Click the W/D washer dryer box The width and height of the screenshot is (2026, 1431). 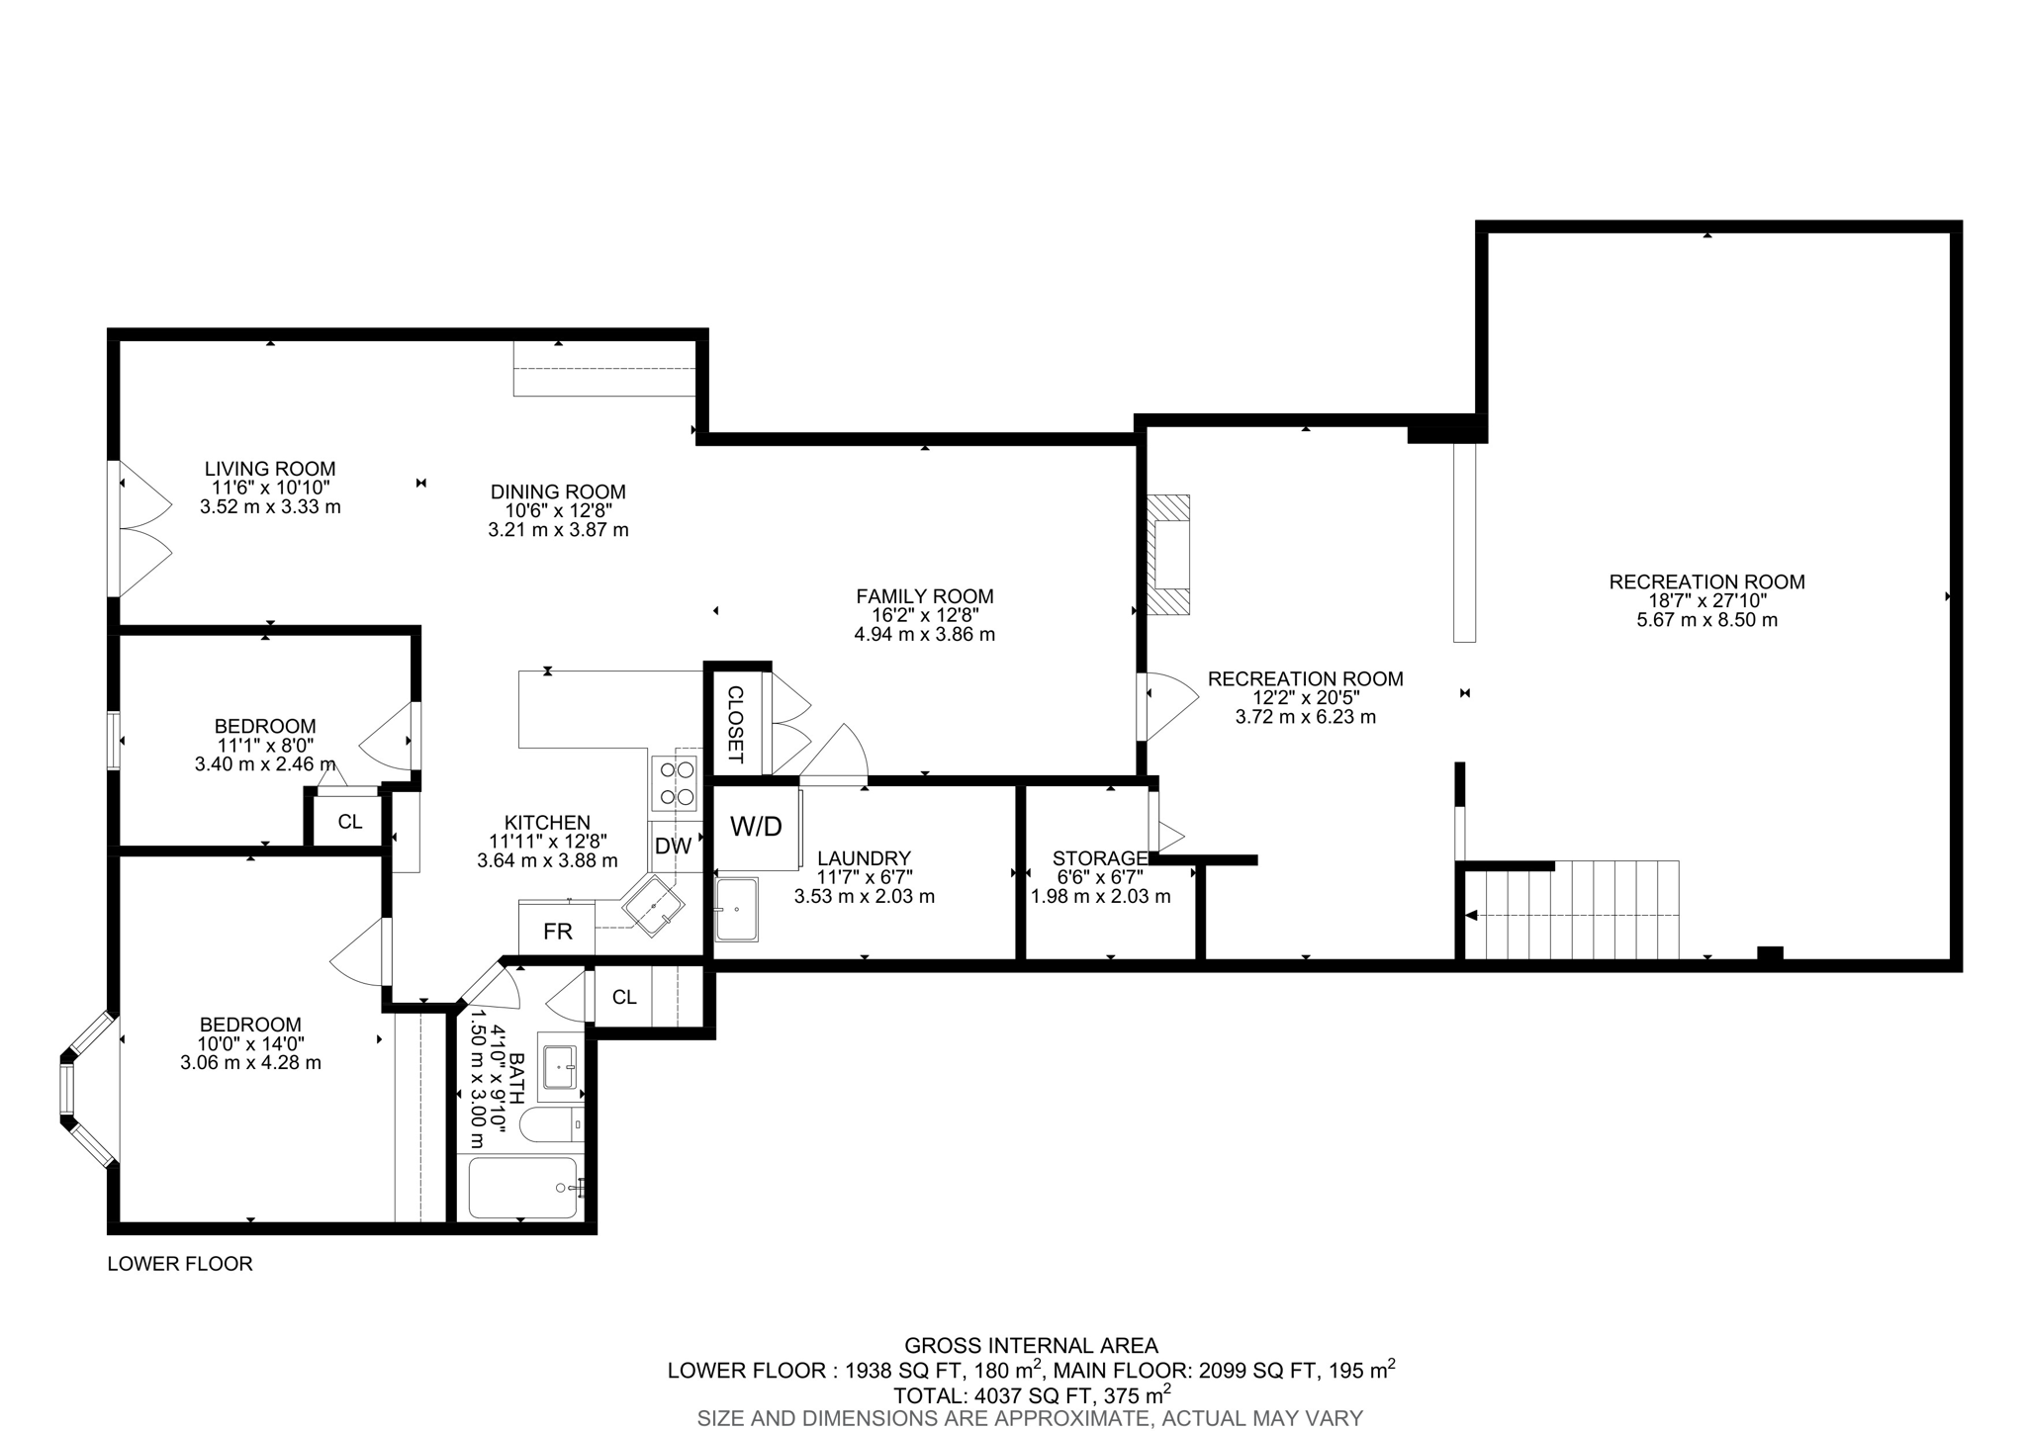coord(756,828)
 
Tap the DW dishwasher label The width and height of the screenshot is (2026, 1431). coord(673,847)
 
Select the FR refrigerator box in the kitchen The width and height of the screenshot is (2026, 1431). coord(557,931)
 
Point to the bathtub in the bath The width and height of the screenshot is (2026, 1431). coord(522,1188)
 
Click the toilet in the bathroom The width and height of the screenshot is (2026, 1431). coord(550,1125)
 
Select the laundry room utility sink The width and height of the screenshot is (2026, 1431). coord(737,909)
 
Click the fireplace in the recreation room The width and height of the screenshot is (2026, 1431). coord(1169,555)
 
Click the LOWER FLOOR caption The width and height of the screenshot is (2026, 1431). coord(180,1264)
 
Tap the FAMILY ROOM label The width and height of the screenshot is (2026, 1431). coord(924,596)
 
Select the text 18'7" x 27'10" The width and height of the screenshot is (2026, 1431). coord(1706,601)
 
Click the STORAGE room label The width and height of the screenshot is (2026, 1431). coord(1100,858)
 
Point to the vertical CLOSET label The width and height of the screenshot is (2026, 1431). coord(735,725)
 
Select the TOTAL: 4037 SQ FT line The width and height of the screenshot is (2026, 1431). coord(1031,1395)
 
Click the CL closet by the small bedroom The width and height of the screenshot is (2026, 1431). coord(349,822)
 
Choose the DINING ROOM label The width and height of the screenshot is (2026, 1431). coord(558,492)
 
